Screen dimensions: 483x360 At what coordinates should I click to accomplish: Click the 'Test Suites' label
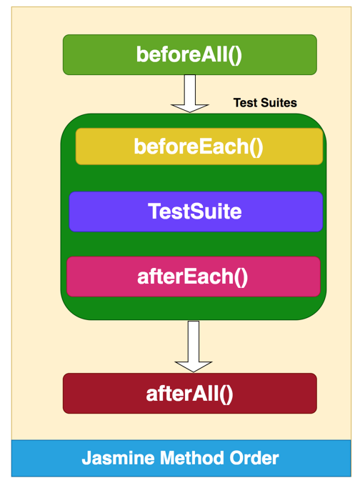coord(265,103)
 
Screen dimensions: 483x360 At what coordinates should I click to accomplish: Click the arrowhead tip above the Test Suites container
coord(190,111)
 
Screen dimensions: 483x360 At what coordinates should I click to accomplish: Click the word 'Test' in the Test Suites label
coord(246,103)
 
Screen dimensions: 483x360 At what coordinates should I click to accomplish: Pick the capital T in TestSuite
coord(154,211)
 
